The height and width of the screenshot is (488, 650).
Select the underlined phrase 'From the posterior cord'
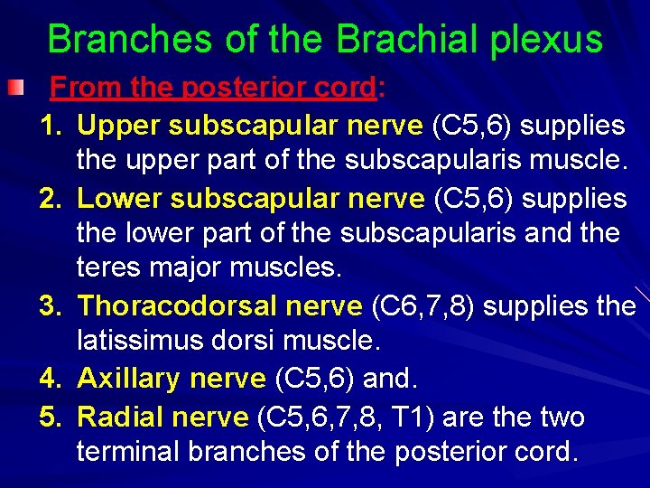tap(212, 88)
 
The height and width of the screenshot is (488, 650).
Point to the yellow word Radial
tap(119, 418)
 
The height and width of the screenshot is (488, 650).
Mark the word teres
tap(107, 270)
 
